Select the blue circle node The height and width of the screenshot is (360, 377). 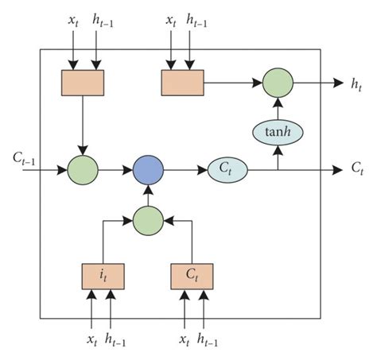point(148,169)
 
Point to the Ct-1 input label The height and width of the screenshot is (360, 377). point(23,163)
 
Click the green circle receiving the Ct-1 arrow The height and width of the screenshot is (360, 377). point(82,169)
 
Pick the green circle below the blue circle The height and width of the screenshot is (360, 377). point(148,219)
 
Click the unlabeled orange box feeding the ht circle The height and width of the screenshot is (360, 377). point(182,82)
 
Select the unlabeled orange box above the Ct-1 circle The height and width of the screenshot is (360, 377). point(82,82)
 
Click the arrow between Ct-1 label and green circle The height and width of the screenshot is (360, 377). point(52,169)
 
